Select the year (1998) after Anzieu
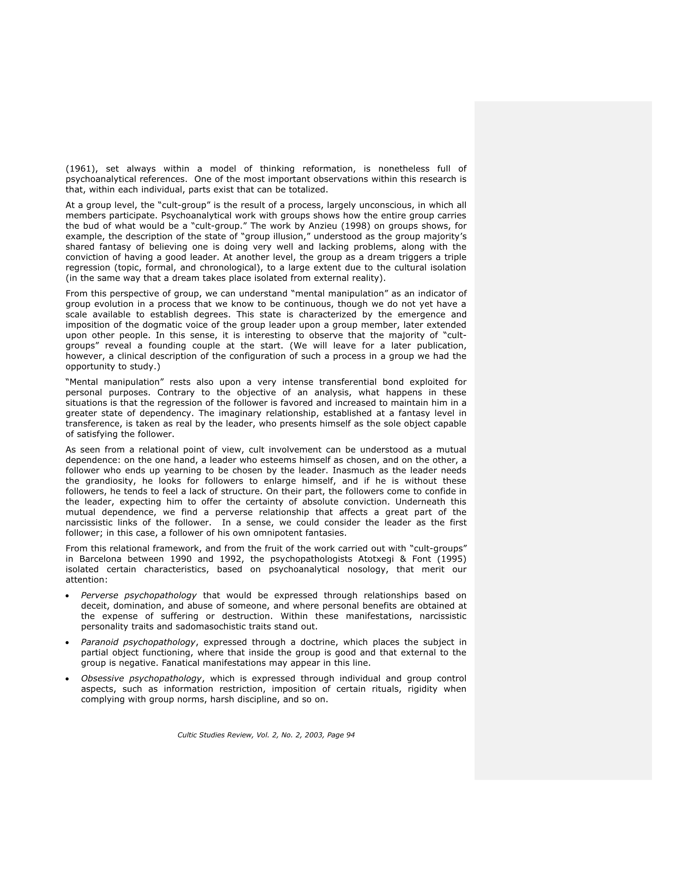pos(355,226)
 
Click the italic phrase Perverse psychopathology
pos(139,595)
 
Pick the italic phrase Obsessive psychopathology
pos(141,678)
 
